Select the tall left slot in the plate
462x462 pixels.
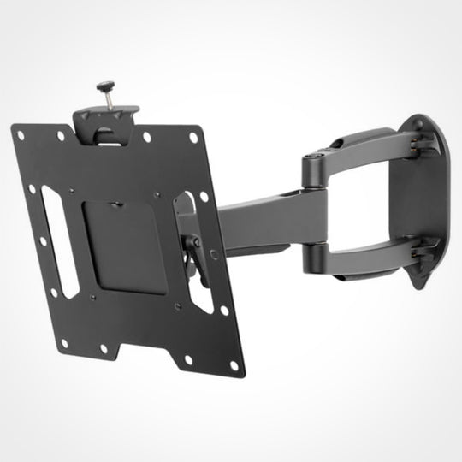pyautogui.click(x=59, y=242)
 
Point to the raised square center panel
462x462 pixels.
pyautogui.click(x=127, y=244)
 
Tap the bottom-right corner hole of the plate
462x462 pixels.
pyautogui.click(x=234, y=364)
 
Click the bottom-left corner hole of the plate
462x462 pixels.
pyautogui.click(x=63, y=342)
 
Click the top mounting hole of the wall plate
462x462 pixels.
pyautogui.click(x=418, y=124)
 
